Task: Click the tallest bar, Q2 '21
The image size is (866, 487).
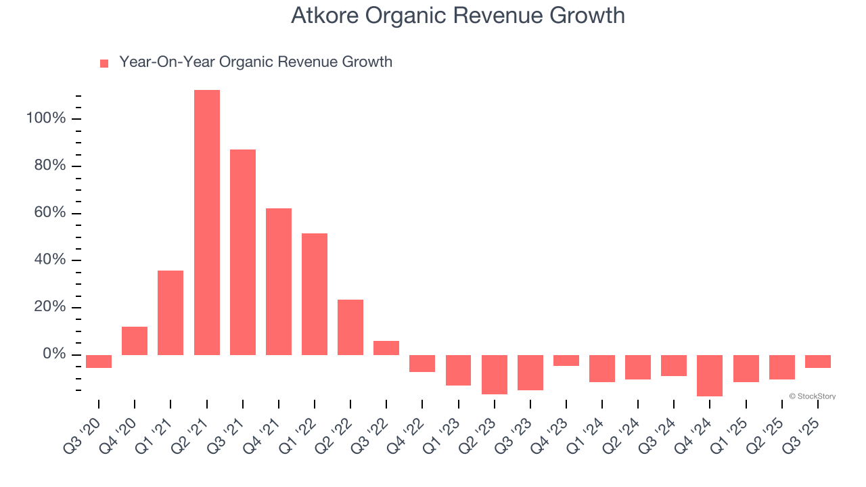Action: coord(206,223)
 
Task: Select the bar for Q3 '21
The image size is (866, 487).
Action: coord(243,252)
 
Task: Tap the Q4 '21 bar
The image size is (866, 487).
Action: coord(279,281)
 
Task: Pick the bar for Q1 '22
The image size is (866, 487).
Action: coord(315,294)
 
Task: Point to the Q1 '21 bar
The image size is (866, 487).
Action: coord(170,312)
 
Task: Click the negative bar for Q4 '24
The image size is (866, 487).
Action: coord(710,375)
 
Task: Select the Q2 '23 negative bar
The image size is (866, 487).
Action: coord(495,374)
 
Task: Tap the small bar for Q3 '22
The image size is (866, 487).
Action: coord(386,348)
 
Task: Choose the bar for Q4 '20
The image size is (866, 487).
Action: coord(135,341)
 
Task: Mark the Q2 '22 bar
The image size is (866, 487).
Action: coord(350,327)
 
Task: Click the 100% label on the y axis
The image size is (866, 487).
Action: coord(46,119)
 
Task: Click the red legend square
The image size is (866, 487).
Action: coord(104,64)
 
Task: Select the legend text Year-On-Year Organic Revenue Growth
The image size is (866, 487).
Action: coord(256,62)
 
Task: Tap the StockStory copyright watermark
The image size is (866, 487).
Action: coord(812,396)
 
